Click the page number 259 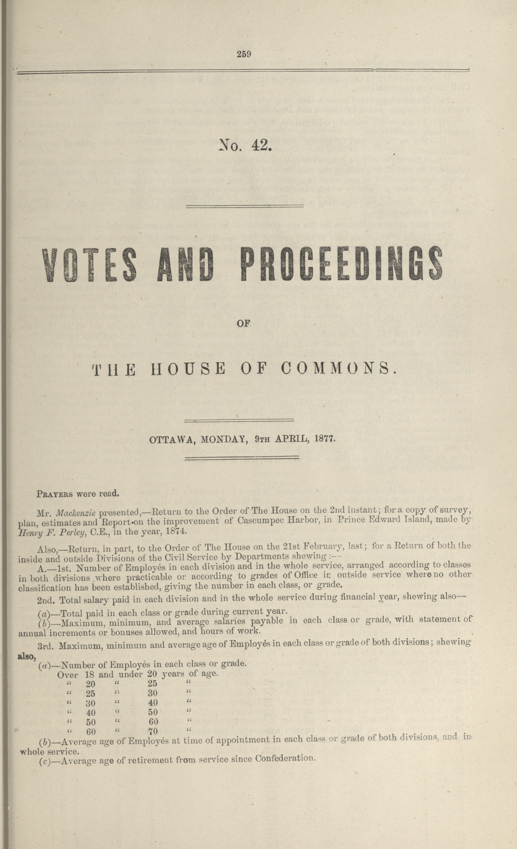click(244, 54)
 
